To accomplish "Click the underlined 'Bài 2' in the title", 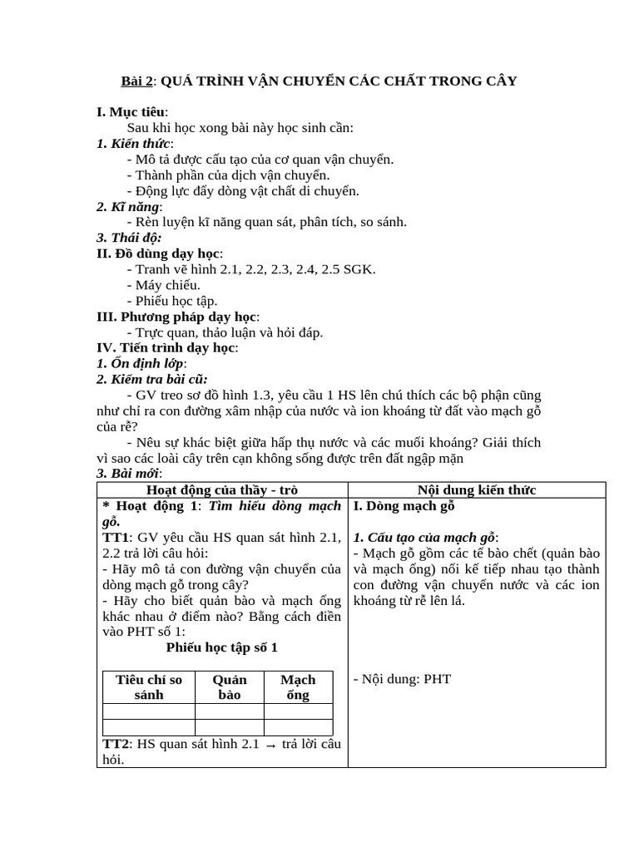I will (137, 81).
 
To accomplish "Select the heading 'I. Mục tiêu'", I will (132, 111).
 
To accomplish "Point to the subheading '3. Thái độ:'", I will (129, 238).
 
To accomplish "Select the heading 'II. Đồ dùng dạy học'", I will (159, 253).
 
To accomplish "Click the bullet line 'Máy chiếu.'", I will (167, 285).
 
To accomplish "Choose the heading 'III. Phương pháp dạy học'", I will (177, 317).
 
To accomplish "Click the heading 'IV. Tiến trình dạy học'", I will (166, 348).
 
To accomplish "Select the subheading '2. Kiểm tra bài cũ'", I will (151, 379).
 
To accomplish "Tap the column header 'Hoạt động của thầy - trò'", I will (222, 489).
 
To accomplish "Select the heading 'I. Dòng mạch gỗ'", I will (404, 505).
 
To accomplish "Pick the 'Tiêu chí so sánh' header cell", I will (148, 687).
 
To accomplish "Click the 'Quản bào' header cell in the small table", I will (230, 687).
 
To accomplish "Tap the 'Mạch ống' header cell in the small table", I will (298, 687).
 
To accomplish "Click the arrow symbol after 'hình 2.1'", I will (270, 745).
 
